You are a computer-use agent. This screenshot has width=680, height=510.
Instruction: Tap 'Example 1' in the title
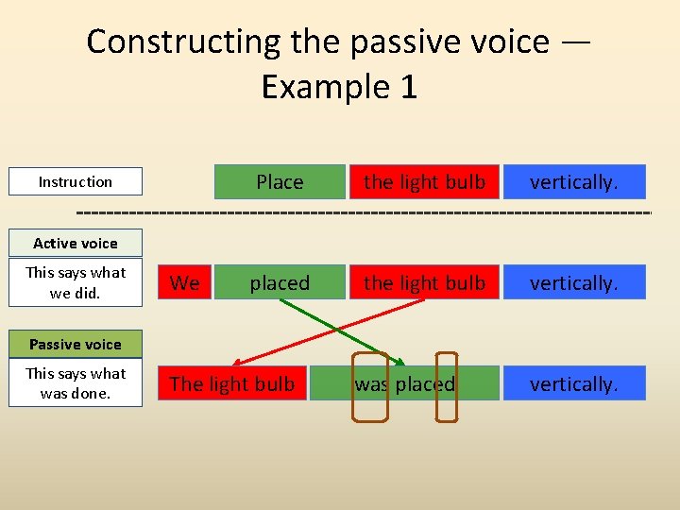(339, 87)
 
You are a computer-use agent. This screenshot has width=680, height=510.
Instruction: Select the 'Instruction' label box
(76, 181)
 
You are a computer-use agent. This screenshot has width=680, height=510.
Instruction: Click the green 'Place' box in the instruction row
(280, 181)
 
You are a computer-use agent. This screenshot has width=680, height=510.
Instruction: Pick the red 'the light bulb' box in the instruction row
(424, 181)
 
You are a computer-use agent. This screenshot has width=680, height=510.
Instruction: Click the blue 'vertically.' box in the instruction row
(574, 181)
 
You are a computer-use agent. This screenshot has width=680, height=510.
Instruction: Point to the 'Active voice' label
(76, 243)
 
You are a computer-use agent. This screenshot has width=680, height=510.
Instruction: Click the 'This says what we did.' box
(76, 282)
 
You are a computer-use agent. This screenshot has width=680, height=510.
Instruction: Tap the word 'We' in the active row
(185, 283)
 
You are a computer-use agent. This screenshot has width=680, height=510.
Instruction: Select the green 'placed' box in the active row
(280, 282)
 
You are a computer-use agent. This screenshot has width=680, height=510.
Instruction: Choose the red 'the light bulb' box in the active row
(424, 282)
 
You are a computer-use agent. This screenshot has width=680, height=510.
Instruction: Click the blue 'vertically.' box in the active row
(574, 282)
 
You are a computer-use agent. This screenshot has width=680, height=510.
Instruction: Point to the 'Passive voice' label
(76, 344)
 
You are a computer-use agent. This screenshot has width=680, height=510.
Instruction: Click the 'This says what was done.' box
(76, 383)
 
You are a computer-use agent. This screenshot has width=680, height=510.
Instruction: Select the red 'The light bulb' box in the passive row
(232, 383)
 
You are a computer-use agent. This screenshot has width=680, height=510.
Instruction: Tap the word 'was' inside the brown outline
(370, 384)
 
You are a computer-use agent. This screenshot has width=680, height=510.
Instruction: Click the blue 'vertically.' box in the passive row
(574, 383)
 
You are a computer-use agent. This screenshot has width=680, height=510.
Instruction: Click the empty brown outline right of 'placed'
(447, 386)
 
